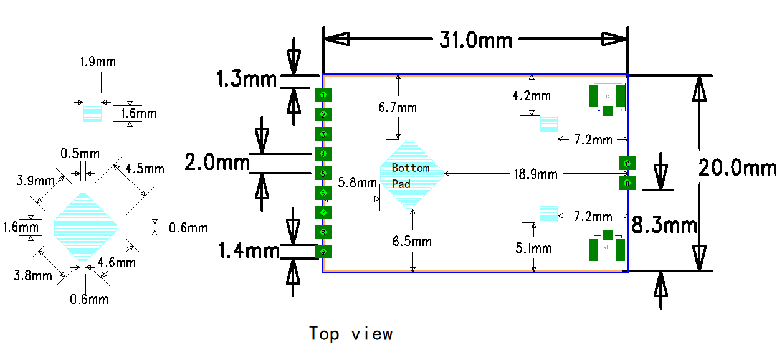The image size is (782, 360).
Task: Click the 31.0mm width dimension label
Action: tap(475, 40)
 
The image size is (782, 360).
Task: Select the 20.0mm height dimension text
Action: tap(737, 168)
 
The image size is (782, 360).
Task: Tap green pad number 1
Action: tap(323, 95)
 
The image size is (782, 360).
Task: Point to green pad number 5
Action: tap(323, 173)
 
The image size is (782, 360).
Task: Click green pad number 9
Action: tap(323, 252)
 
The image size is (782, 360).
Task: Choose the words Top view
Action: tap(351, 334)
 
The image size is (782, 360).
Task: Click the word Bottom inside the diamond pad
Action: tap(411, 168)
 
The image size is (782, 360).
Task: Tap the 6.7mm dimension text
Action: tap(398, 108)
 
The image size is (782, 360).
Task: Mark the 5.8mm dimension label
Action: tap(358, 182)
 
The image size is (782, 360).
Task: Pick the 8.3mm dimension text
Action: tap(664, 225)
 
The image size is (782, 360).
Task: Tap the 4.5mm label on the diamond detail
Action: tap(145, 169)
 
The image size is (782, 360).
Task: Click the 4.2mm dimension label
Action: tap(532, 96)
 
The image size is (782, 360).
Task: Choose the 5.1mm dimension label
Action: tap(533, 249)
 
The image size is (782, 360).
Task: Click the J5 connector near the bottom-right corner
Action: tap(608, 247)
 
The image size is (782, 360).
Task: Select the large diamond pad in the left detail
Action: tap(85, 227)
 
